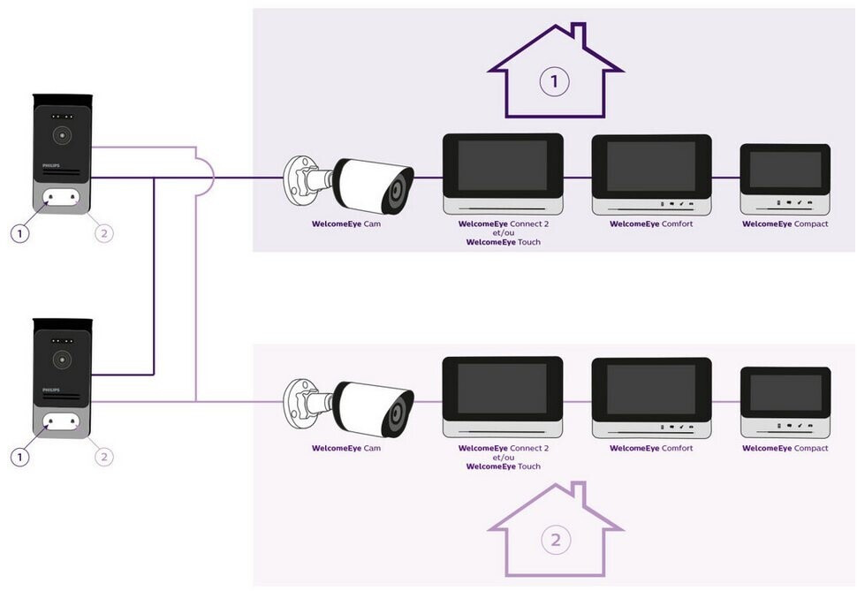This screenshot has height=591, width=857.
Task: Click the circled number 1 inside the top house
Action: [x=554, y=81]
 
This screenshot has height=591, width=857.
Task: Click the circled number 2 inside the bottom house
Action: [x=556, y=540]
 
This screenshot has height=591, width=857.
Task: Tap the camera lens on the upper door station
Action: [x=63, y=135]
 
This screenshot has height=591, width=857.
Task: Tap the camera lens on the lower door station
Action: [x=63, y=360]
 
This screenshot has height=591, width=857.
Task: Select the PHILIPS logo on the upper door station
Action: [x=51, y=165]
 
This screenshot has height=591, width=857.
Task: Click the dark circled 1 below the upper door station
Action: [x=20, y=234]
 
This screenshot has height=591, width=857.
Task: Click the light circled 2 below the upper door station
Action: [x=104, y=234]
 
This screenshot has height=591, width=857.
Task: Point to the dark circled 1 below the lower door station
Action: [x=20, y=457]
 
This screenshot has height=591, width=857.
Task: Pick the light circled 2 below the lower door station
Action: [x=104, y=457]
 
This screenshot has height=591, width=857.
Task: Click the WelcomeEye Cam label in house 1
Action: [x=346, y=224]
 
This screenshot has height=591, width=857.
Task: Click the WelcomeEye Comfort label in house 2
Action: [x=651, y=448]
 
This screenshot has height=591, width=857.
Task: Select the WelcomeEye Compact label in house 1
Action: [x=785, y=224]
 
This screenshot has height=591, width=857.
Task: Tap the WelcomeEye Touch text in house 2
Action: [x=504, y=466]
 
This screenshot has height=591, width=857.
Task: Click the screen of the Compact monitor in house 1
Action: [x=785, y=170]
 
